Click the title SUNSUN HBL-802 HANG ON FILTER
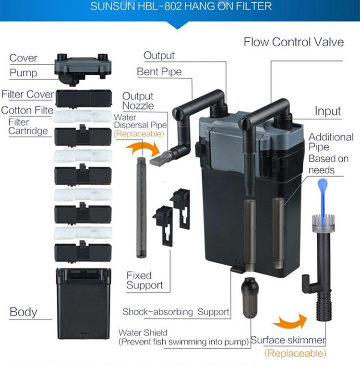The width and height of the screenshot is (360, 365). coord(180,7)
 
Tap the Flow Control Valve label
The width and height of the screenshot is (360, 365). coord(294,42)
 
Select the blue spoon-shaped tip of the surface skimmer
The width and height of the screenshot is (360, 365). coord(322,187)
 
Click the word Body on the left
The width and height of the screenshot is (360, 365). coord(23,312)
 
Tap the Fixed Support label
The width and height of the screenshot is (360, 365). coord(144,280)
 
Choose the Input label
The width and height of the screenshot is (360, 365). coord(327,111)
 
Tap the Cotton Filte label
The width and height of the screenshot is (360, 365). coord(27,110)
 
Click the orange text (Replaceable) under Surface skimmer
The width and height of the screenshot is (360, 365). coord(294,353)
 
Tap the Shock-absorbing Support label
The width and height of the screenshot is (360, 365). coord(175,311)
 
